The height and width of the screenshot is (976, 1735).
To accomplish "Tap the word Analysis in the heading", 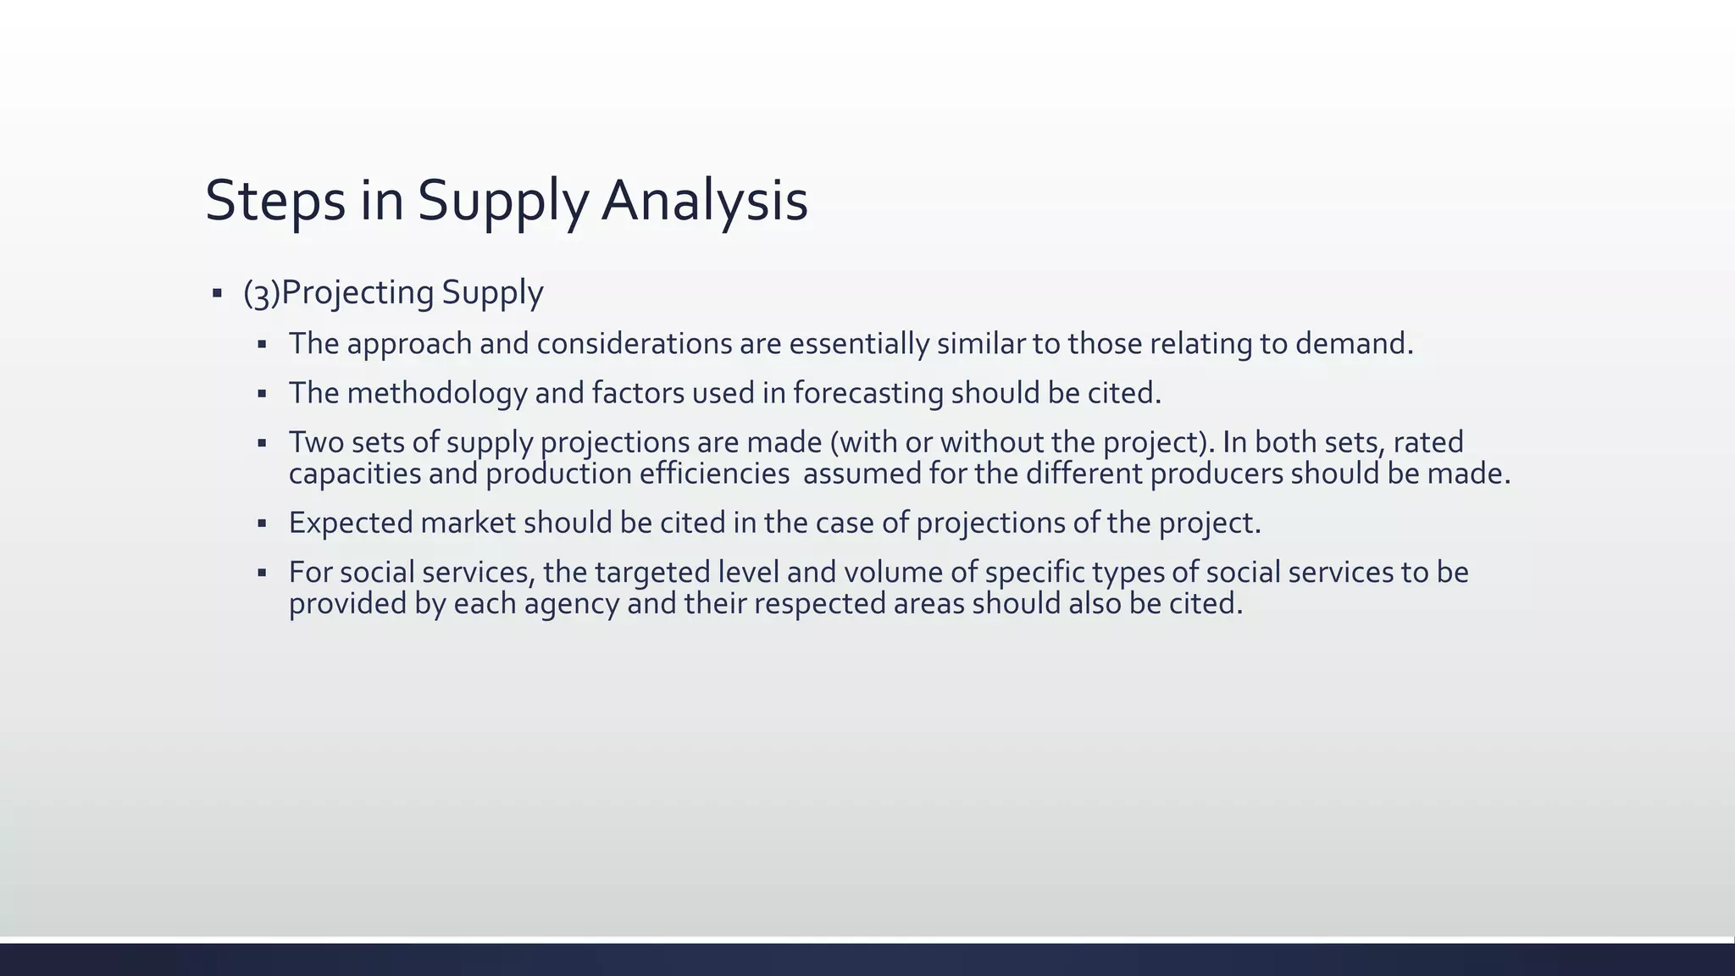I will click(x=704, y=201).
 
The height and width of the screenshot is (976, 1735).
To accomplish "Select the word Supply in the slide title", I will click(x=502, y=201).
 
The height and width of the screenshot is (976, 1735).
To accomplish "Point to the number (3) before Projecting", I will click(x=261, y=293).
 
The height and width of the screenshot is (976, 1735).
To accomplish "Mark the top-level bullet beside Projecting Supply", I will click(x=217, y=293).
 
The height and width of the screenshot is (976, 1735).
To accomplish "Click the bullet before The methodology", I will click(x=263, y=394).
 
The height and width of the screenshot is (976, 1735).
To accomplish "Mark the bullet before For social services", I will click(x=263, y=574).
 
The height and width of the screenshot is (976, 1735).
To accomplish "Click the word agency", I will click(x=572, y=604).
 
